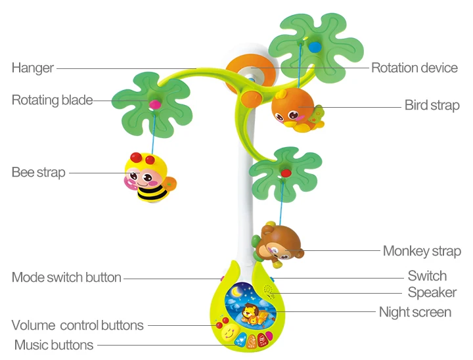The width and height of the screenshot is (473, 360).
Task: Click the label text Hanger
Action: tap(33, 68)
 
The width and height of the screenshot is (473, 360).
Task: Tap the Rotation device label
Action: tap(414, 68)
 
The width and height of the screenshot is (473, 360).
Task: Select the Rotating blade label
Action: tap(52, 100)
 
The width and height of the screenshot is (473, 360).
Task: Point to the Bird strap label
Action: tap(432, 105)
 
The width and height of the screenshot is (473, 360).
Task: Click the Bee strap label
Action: tap(38, 172)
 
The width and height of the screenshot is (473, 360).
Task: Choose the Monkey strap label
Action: tap(422, 251)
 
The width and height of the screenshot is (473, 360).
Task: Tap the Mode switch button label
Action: tap(66, 277)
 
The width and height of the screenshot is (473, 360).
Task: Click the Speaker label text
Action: tap(432, 292)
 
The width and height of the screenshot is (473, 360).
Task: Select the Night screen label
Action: tap(415, 312)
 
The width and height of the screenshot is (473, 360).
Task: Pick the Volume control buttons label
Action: tap(78, 325)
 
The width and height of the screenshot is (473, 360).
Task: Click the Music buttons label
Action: tap(54, 345)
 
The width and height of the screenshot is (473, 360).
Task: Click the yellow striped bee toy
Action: tap(150, 177)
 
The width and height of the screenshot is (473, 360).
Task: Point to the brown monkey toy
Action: tap(278, 245)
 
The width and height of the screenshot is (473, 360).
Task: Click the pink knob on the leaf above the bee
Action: tap(155, 104)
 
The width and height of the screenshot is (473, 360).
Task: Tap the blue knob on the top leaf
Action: tap(315, 47)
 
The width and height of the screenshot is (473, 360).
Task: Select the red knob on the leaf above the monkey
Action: tap(286, 173)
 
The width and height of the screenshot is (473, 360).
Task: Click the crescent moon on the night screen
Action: tap(236, 291)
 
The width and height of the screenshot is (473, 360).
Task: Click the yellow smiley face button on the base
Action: tap(229, 333)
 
